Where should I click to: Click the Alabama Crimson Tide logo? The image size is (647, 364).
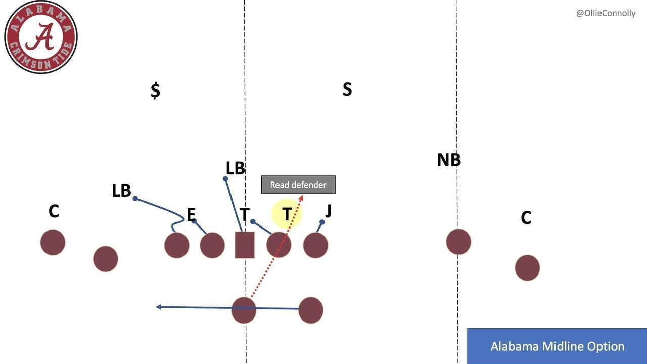click(x=40, y=37)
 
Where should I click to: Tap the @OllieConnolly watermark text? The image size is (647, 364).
click(x=606, y=13)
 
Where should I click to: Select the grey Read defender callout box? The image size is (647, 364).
click(x=298, y=185)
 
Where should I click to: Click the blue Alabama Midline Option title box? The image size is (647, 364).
click(x=557, y=346)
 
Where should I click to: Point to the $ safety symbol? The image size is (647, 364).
click(x=155, y=90)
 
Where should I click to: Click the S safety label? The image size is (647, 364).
click(x=347, y=89)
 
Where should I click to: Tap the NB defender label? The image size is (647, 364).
click(x=449, y=160)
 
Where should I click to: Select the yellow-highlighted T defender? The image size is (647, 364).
click(x=287, y=214)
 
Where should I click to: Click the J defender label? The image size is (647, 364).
click(x=328, y=210)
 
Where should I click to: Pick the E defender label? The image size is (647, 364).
click(x=191, y=215)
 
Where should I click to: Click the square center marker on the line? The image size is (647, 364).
click(x=245, y=245)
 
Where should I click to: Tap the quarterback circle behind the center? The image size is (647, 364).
click(x=244, y=310)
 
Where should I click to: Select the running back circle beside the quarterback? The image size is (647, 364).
click(x=311, y=310)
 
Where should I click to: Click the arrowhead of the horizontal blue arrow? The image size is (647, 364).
click(x=158, y=307)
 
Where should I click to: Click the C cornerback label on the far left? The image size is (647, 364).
click(x=54, y=211)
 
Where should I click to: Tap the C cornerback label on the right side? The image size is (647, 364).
click(x=526, y=218)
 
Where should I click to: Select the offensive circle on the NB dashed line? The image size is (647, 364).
click(x=458, y=242)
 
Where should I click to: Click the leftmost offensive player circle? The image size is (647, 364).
click(x=53, y=242)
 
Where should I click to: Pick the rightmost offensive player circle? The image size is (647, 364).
click(x=527, y=267)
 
